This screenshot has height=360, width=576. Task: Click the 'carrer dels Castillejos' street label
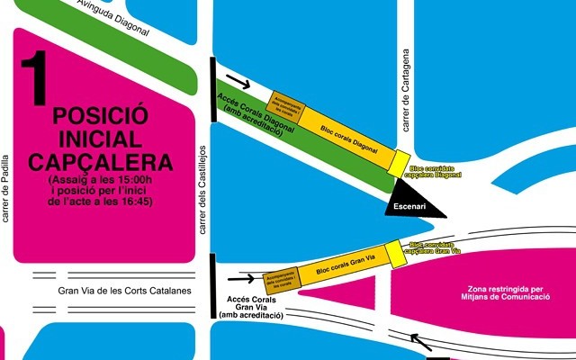(x=203, y=190)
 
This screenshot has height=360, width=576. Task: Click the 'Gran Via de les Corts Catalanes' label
(x=125, y=291)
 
